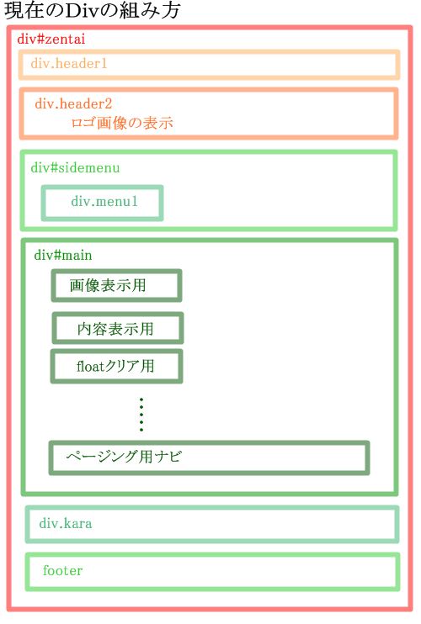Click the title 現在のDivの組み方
(x=93, y=10)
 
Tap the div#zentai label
(x=51, y=39)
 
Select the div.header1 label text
(x=69, y=63)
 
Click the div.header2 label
(x=73, y=103)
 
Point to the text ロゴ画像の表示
(x=122, y=123)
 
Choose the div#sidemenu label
(x=75, y=167)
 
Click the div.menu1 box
(x=103, y=203)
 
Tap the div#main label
(x=63, y=255)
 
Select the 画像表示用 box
(x=117, y=285)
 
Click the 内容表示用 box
(x=118, y=328)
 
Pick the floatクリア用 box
(x=117, y=367)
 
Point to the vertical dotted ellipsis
(x=141, y=415)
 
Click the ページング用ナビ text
(x=124, y=456)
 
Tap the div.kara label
(x=66, y=523)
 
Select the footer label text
(x=62, y=570)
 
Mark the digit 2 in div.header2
(x=108, y=104)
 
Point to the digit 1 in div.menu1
(x=135, y=201)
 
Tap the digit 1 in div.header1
(x=104, y=64)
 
